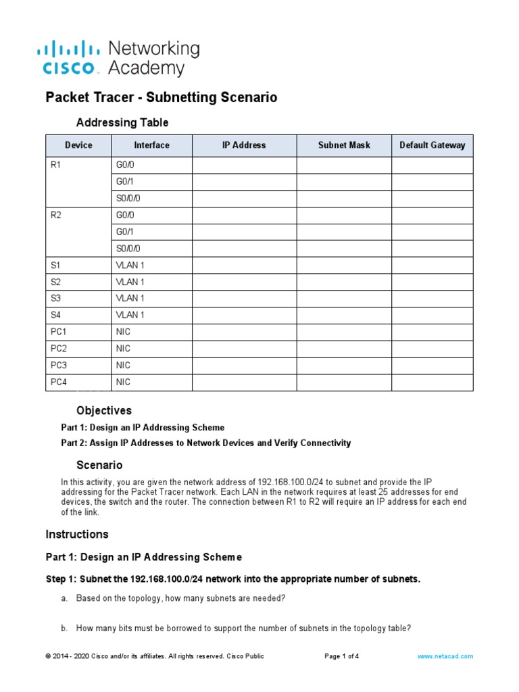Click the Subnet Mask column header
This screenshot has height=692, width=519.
(x=344, y=145)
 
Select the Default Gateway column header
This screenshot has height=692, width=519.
(x=432, y=145)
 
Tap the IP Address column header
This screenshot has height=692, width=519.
(x=244, y=145)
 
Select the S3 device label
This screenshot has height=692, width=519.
(x=55, y=299)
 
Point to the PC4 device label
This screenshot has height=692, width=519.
(x=59, y=382)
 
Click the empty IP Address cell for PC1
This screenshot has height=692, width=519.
(x=244, y=332)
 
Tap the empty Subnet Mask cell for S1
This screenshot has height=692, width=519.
(x=344, y=266)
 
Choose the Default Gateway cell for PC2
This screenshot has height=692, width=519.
(x=432, y=349)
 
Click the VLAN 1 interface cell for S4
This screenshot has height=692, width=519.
(x=130, y=316)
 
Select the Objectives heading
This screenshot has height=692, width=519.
(x=104, y=411)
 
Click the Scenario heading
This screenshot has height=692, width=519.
(x=99, y=466)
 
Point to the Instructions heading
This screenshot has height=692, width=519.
(x=77, y=535)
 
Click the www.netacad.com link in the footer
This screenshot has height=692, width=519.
(x=445, y=656)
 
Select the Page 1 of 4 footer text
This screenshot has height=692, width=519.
(x=342, y=656)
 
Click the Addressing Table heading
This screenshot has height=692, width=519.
(x=122, y=123)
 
